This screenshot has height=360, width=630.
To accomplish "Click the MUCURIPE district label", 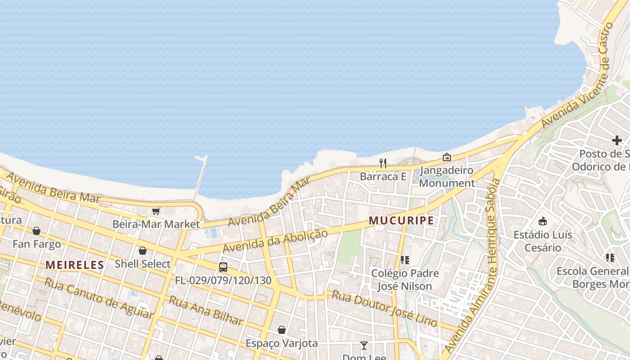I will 401,220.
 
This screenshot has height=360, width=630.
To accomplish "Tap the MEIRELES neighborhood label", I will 75,265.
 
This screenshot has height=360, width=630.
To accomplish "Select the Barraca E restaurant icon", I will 383,163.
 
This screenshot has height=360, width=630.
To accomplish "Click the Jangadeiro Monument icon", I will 446,157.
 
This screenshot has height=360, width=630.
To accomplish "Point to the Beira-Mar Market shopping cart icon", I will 156,211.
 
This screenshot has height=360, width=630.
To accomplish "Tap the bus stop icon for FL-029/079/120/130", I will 223,267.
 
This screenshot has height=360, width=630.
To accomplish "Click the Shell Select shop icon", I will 143,251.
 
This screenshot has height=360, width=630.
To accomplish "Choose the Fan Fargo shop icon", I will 36,231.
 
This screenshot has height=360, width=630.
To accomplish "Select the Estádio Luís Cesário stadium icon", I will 543,221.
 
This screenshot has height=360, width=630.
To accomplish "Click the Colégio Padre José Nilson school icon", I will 405,260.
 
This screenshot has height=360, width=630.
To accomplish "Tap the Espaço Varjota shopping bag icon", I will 282,330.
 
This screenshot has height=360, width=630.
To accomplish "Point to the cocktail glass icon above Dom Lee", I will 364,346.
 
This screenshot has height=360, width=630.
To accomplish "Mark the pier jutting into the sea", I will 201,175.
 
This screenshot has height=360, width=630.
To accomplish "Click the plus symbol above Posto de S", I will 616,140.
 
